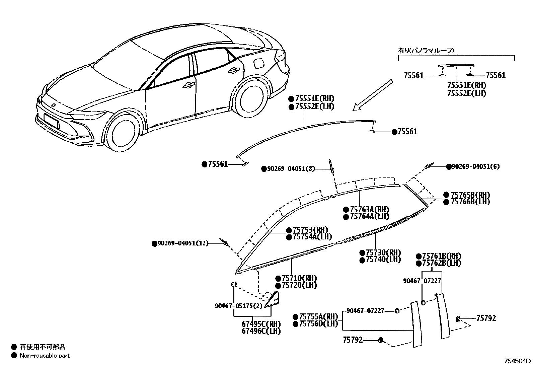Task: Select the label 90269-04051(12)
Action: [x=182, y=243]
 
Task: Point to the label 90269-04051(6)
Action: [x=475, y=167]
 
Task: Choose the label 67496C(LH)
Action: [x=261, y=331]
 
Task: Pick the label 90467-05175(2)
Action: [x=238, y=306]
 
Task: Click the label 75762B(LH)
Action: [x=441, y=263]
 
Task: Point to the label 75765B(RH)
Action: [x=470, y=195]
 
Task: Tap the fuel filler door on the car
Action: [x=259, y=63]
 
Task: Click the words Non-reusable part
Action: [x=45, y=356]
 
